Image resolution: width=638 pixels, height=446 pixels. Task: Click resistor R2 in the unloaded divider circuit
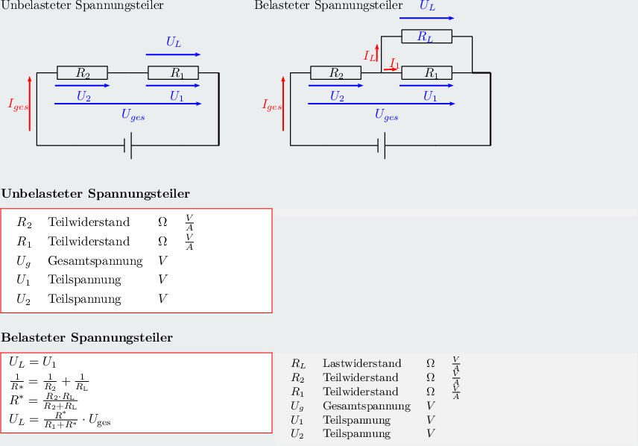(x=83, y=73)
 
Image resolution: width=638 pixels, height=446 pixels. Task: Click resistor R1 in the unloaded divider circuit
(x=173, y=73)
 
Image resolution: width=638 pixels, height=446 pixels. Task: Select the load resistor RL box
(x=426, y=36)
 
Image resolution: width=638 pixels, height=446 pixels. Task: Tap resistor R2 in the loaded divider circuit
(x=336, y=73)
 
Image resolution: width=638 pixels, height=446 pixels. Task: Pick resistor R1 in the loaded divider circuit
(x=426, y=73)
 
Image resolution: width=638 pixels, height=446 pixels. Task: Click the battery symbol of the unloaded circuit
(x=128, y=146)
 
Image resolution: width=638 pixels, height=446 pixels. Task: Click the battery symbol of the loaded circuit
(x=382, y=146)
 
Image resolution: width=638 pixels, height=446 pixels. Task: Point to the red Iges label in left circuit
(x=19, y=105)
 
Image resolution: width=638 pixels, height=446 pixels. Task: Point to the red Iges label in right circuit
(x=272, y=105)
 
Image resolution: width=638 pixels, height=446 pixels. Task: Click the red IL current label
(x=370, y=55)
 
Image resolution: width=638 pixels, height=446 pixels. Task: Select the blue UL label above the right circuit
(x=427, y=6)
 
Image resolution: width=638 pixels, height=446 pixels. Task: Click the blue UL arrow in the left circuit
(x=173, y=54)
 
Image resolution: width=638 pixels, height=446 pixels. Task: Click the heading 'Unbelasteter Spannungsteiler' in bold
(x=95, y=194)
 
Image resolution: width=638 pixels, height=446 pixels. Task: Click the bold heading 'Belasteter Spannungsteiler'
(x=87, y=338)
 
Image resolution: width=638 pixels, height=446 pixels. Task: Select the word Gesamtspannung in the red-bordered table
(x=95, y=261)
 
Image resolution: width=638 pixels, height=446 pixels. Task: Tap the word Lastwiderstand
(x=362, y=364)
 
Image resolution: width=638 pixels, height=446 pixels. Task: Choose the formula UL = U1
(x=33, y=362)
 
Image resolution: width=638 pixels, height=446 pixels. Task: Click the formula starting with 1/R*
(x=49, y=382)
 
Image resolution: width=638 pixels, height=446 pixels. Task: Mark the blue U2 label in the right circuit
(x=337, y=96)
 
